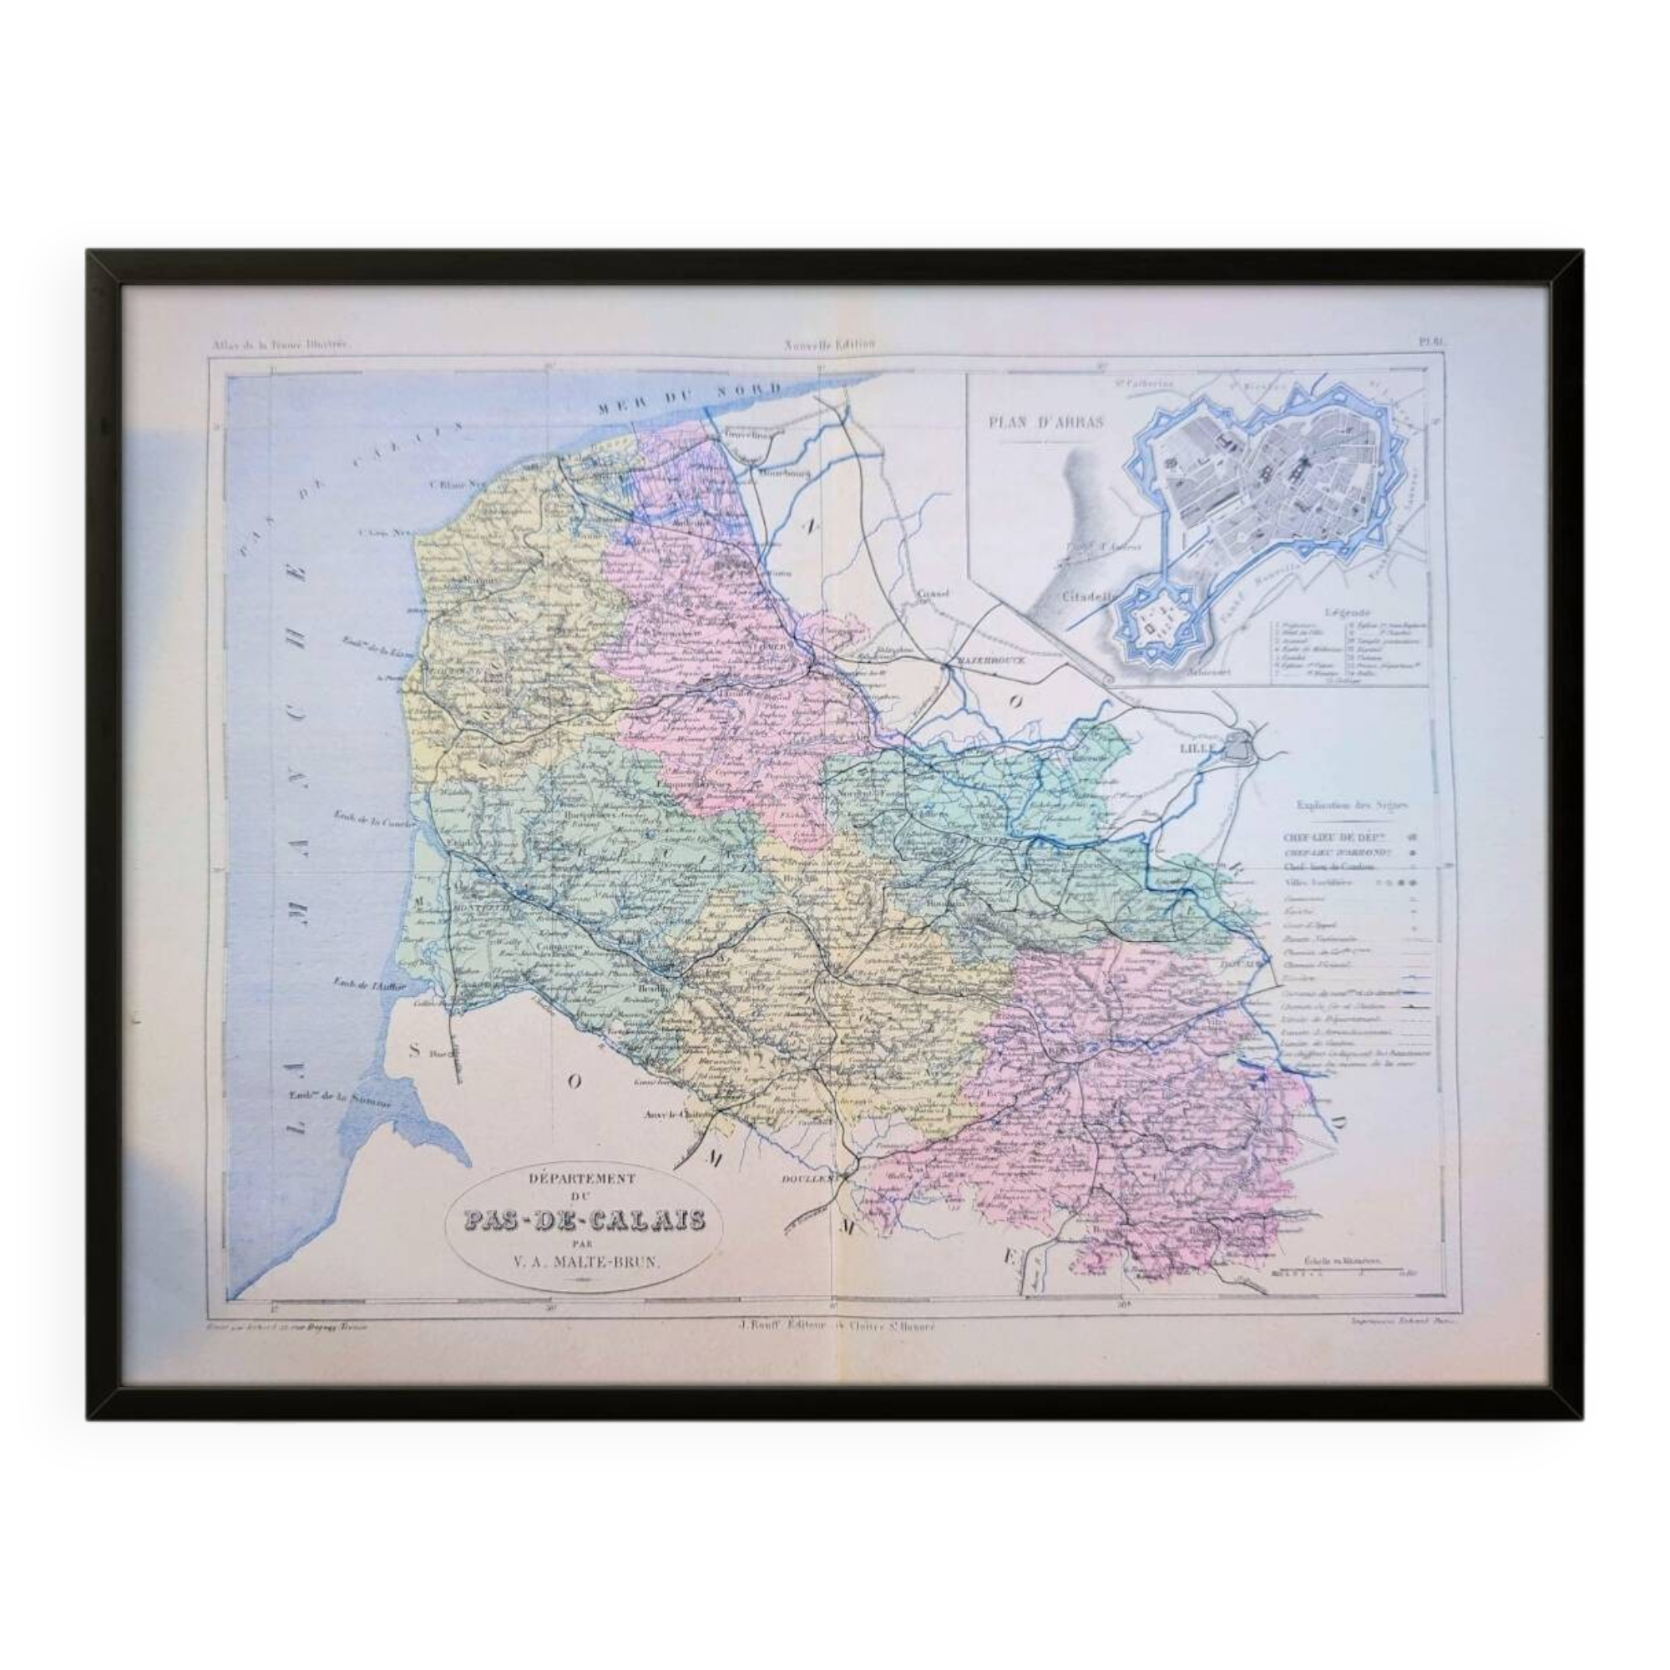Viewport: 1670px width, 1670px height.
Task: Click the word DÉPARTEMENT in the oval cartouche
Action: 574,1177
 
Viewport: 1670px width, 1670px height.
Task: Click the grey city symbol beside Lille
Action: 1242,745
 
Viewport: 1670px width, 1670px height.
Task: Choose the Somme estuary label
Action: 339,1099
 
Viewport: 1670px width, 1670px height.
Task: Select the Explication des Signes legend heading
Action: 1352,805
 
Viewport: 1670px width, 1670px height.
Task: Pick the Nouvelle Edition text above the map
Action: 830,344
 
